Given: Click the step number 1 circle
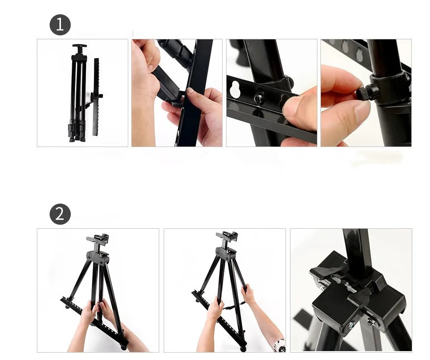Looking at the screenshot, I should [x=60, y=25].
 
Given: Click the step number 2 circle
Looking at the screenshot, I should [x=60, y=214].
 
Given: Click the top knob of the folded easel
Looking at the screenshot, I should [x=79, y=47].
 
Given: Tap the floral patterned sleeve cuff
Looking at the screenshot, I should [x=280, y=345].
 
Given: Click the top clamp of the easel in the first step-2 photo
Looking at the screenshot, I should [x=98, y=241].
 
